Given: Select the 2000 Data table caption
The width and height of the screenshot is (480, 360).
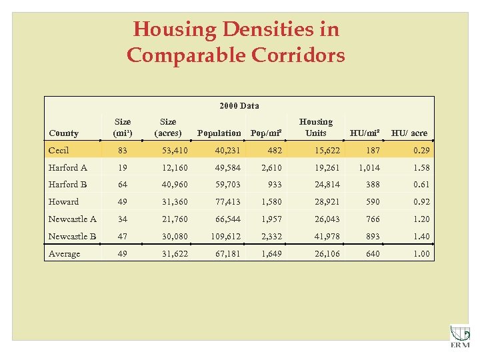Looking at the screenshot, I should click(239, 105).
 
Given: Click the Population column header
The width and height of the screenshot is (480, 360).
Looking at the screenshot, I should click(219, 133).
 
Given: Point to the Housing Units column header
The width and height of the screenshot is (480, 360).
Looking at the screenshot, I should click(315, 127).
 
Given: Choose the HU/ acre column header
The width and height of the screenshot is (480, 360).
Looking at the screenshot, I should click(409, 133).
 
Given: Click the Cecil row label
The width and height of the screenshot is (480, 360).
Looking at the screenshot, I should click(59, 150).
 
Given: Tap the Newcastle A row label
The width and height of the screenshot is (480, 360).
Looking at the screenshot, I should click(72, 219).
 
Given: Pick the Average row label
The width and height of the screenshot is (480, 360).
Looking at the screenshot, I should click(64, 254).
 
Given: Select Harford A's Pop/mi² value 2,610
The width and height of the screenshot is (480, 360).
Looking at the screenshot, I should click(270, 167).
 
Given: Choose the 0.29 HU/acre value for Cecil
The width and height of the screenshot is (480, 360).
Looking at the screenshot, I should click(421, 150).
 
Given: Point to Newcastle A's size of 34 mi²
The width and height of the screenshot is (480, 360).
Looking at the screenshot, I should click(123, 219).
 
